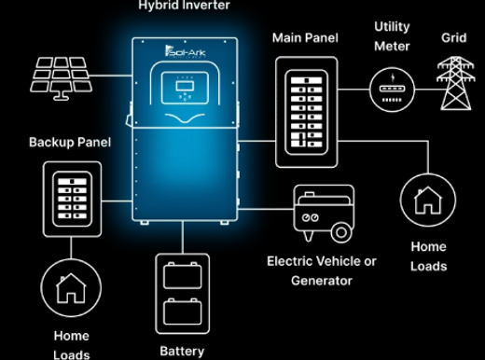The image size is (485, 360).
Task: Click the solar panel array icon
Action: tap(61, 78)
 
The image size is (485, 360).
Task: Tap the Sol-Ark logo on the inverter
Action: tap(185, 52)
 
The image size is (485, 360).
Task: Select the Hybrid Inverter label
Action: tap(184, 6)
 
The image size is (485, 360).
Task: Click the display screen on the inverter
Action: tap(185, 86)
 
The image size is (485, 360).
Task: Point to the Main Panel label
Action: tap(305, 38)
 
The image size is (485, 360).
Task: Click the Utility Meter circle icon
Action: tap(392, 90)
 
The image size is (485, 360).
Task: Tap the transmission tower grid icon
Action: tap(455, 83)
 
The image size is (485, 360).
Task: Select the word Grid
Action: tap(454, 38)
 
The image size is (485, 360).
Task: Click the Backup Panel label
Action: tap(70, 143)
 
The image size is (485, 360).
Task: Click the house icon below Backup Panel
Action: tap(71, 287)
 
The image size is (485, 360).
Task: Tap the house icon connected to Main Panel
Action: tap(428, 200)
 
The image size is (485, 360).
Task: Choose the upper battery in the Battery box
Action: tap(183, 275)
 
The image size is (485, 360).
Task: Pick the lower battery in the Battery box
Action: tap(183, 312)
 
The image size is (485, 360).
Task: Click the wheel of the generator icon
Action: tap(341, 232)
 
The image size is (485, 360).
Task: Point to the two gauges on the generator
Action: tap(310, 217)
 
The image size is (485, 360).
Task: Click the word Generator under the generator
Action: tap(322, 281)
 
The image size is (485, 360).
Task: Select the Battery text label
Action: tap(182, 352)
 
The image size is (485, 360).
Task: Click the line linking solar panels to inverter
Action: tap(111, 76)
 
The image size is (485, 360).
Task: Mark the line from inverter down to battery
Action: tap(183, 237)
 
